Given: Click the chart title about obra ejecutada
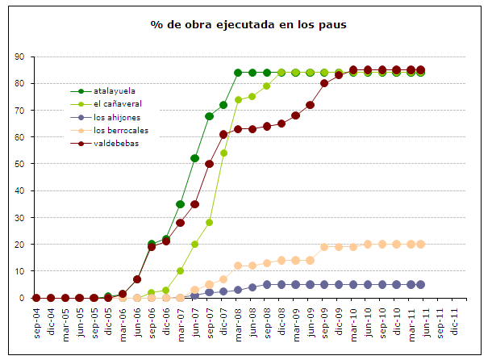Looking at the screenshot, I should pyautogui.click(x=248, y=24).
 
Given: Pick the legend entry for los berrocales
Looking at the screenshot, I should pyautogui.click(x=120, y=130).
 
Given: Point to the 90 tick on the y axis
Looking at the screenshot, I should pyautogui.click(x=19, y=57).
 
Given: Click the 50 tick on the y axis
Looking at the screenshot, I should pyautogui.click(x=19, y=164).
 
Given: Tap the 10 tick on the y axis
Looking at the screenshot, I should pyautogui.click(x=19, y=271).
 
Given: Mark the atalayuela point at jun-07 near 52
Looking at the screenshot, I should pyautogui.click(x=194, y=158).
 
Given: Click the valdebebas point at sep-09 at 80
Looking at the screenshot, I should pyautogui.click(x=324, y=83).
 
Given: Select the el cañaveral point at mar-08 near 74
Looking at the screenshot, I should pyautogui.click(x=238, y=100).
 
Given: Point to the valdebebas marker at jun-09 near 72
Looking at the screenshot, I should pyautogui.click(x=310, y=105).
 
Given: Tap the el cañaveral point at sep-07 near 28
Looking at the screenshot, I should pyautogui.click(x=209, y=223).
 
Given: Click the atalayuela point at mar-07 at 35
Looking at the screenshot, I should pyautogui.click(x=180, y=204).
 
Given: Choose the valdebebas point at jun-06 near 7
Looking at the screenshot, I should pyautogui.click(x=137, y=279).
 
